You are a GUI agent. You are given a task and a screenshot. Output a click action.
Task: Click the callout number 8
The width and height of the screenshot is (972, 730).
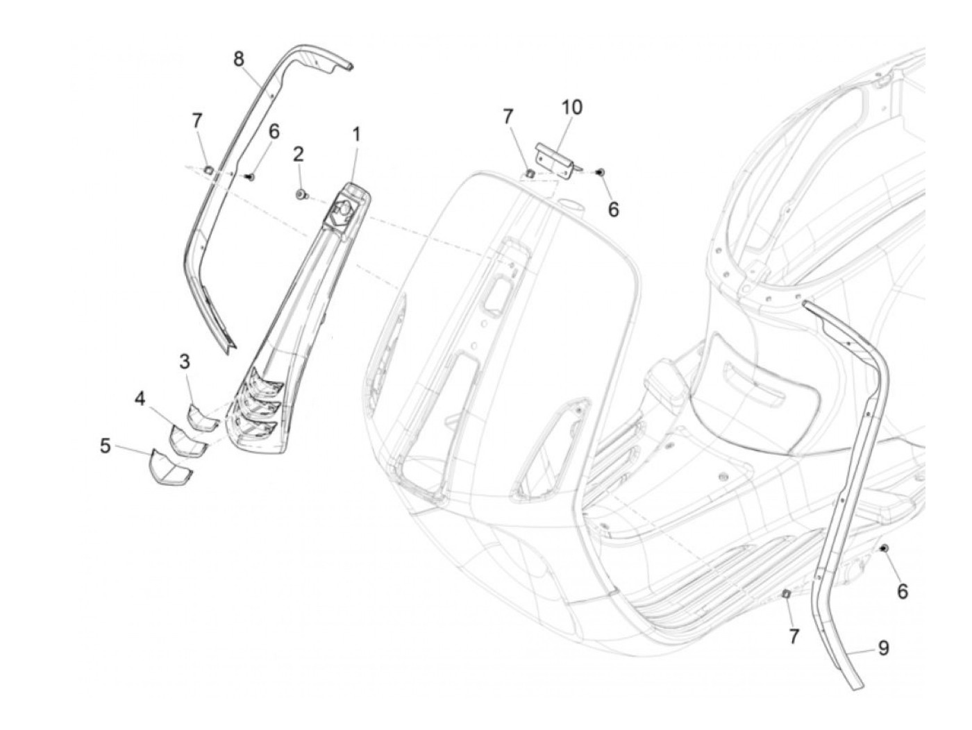tap(239, 59)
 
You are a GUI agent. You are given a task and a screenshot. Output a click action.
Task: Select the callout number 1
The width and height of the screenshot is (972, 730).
tap(356, 133)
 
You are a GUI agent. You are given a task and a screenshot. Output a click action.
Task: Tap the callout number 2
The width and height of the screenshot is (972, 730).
tap(299, 154)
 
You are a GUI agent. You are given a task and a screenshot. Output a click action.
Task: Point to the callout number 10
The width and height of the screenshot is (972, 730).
tap(572, 107)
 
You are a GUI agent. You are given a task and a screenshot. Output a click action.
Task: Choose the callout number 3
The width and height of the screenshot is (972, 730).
tap(185, 362)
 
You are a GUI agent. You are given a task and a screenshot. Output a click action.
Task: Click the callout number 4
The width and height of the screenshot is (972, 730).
tap(140, 399)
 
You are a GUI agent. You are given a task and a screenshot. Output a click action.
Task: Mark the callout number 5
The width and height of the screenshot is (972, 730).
tap(105, 445)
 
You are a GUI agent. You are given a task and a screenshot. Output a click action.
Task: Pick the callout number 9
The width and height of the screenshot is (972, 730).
tap(883, 647)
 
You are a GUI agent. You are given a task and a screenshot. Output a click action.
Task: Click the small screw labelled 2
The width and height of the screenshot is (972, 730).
tap(301, 196)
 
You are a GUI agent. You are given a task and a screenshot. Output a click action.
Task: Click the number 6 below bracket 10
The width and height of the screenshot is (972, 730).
tap(613, 209)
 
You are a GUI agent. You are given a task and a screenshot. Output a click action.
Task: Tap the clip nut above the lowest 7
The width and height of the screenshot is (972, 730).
tap(787, 593)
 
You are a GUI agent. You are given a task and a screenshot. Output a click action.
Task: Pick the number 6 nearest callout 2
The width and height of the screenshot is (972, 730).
tap(274, 131)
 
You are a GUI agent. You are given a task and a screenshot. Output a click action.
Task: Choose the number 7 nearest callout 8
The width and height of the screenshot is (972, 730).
tap(197, 121)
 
